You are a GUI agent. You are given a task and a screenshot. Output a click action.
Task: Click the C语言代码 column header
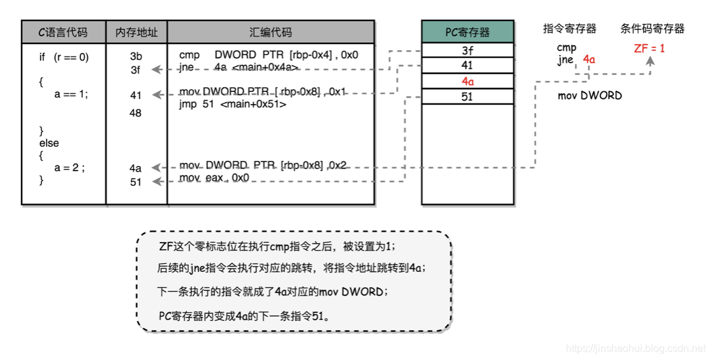point(64,32)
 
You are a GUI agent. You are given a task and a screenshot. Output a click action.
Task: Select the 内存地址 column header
point(137,32)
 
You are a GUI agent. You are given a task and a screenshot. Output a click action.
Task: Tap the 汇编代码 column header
point(271,32)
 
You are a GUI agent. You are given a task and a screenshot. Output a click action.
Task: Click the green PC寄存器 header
point(467,32)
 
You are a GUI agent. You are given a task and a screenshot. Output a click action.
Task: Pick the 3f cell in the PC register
point(467,50)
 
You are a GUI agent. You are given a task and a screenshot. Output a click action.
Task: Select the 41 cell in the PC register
point(467,66)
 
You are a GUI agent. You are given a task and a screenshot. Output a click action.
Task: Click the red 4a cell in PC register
point(467,82)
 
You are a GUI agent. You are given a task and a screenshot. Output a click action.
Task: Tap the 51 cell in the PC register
point(467,97)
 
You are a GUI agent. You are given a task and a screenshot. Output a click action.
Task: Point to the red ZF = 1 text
point(649,48)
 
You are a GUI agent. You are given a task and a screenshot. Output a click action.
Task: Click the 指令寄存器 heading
point(570,29)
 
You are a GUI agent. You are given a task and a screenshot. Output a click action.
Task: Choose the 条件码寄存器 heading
point(652,29)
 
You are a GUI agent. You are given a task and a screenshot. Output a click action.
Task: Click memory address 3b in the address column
point(136,57)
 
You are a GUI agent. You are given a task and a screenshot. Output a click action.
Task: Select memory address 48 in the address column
point(135,113)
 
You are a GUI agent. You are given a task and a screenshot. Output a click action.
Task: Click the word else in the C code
point(49,143)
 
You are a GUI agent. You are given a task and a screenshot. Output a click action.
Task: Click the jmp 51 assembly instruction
point(233,104)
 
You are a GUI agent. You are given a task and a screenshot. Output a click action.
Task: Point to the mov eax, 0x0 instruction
point(214,177)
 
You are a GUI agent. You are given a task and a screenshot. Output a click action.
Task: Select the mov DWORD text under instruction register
point(590,96)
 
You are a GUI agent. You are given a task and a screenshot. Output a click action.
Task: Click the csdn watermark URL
point(635,349)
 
